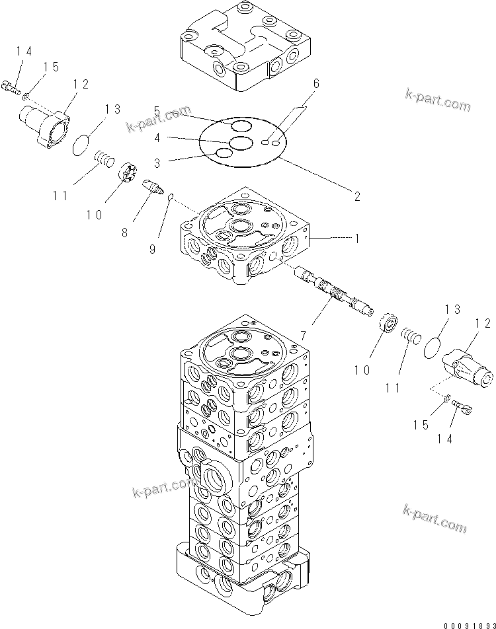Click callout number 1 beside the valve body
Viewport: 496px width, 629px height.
[x=356, y=239]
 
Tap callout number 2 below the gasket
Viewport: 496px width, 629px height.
[x=356, y=196]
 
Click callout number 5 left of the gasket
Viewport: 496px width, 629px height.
[x=157, y=110]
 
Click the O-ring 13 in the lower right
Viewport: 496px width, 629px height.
[x=433, y=347]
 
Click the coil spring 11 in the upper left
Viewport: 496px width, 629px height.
[x=104, y=159]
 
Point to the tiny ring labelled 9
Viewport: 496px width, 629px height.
[x=171, y=196]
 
